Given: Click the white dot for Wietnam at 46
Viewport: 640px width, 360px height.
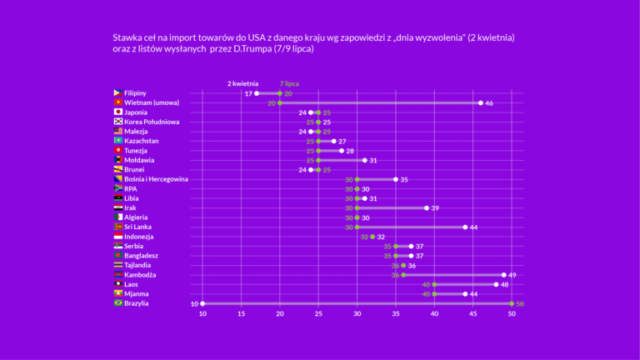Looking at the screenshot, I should [x=481, y=102].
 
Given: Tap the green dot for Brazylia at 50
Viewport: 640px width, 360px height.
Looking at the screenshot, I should [x=512, y=303].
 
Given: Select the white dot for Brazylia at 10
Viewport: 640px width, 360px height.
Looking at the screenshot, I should [x=202, y=303].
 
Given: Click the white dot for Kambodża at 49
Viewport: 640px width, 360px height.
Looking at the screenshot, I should [x=504, y=275].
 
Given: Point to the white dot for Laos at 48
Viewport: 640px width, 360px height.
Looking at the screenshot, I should [x=497, y=284].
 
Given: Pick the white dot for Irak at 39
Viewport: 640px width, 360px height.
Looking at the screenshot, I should [x=427, y=207].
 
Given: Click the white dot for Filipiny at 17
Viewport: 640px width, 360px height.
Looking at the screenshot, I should [x=257, y=93].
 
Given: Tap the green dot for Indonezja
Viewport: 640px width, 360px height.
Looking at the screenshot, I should [x=372, y=237].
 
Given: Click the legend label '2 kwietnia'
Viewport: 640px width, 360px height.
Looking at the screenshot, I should [x=243, y=83].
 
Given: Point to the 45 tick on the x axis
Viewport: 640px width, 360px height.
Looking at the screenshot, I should [x=473, y=314].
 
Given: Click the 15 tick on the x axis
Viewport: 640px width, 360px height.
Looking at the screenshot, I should [x=242, y=314].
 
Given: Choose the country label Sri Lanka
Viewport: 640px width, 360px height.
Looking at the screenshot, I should [x=142, y=227].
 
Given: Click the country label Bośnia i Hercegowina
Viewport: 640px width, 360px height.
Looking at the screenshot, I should [x=156, y=179].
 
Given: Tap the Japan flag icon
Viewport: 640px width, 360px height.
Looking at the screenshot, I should [x=118, y=112].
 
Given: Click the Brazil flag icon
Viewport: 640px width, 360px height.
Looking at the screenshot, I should [x=118, y=303].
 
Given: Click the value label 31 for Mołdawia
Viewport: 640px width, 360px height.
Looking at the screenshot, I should [x=374, y=160].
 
